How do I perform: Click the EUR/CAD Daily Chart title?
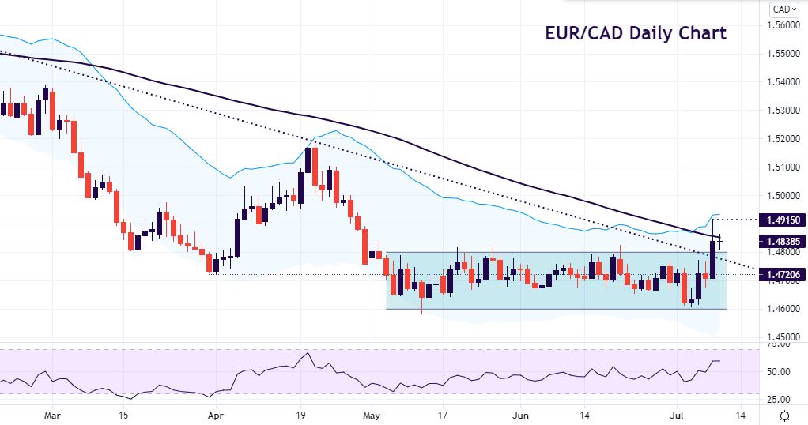point(635,34)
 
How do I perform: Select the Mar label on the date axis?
point(53,414)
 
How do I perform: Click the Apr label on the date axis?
point(215,414)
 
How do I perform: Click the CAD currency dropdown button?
point(782,9)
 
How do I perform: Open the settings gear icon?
point(783,415)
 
